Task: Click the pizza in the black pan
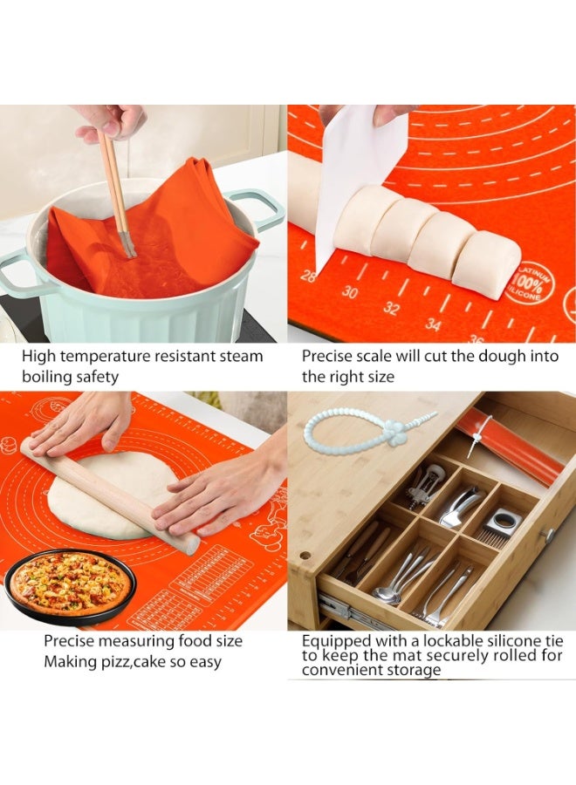(69, 584)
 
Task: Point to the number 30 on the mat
(350, 292)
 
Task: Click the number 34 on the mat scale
(434, 325)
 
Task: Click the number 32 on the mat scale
(392, 308)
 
